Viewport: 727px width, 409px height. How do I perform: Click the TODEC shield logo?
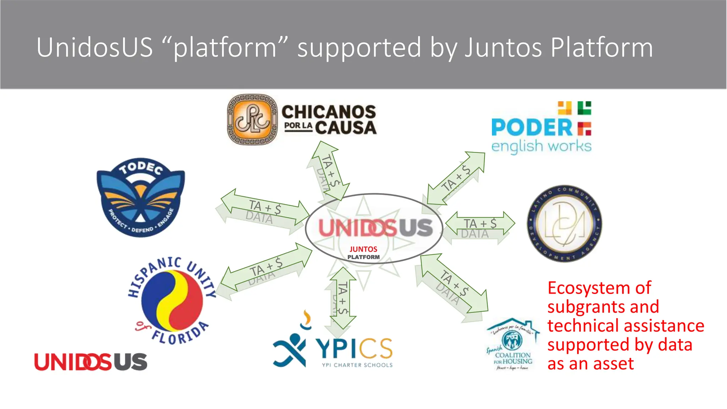point(141,197)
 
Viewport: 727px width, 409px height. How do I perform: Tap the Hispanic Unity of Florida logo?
point(172,301)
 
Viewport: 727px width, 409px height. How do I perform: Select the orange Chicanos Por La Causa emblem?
point(252,120)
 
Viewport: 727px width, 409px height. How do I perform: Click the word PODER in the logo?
point(532,128)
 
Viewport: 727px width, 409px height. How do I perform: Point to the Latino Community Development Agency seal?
point(564,224)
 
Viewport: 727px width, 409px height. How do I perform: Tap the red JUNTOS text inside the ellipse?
point(363,249)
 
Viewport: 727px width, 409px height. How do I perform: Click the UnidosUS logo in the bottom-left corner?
point(91,362)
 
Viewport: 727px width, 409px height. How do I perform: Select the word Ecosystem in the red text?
point(599,288)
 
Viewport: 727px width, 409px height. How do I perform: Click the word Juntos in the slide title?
point(503,48)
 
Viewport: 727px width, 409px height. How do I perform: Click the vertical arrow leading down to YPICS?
point(343,298)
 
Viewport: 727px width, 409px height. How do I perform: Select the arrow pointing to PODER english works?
point(456,179)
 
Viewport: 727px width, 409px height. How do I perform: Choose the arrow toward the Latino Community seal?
point(480,224)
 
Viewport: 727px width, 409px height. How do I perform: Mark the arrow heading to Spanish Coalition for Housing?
point(454,284)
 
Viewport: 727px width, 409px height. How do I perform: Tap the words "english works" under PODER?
point(541,146)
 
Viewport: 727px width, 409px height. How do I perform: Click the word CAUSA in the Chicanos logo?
point(346,128)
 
